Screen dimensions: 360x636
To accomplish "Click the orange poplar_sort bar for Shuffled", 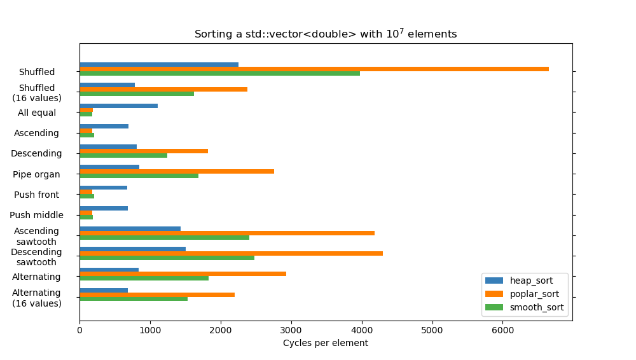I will pyautogui.click(x=314, y=69).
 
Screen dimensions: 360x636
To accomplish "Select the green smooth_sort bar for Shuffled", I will pyautogui.click(x=219, y=73).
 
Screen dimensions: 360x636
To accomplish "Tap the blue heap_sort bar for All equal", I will pyautogui.click(x=118, y=106).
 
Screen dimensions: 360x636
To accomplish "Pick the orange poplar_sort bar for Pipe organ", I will pyautogui.click(x=177, y=171).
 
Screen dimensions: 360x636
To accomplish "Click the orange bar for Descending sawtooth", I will pyautogui.click(x=231, y=253).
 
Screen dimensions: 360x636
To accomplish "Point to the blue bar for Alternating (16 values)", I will pyautogui.click(x=104, y=290).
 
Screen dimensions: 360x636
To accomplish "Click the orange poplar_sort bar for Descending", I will pyautogui.click(x=144, y=151).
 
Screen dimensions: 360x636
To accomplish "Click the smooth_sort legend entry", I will pyautogui.click(x=536, y=307).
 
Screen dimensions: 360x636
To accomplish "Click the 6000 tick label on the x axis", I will pyautogui.click(x=502, y=330).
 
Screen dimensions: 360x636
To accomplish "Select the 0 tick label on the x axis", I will pyautogui.click(x=79, y=330).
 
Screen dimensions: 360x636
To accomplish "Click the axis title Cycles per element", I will pyautogui.click(x=325, y=343).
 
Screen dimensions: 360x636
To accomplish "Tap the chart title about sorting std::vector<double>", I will pyautogui.click(x=325, y=34).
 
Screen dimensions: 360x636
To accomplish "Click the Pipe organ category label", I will pyautogui.click(x=36, y=174).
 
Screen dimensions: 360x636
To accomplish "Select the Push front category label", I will pyautogui.click(x=36, y=195).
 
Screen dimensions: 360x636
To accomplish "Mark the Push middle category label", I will pyautogui.click(x=36, y=215).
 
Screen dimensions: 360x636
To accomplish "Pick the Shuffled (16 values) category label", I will pyautogui.click(x=36, y=93).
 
